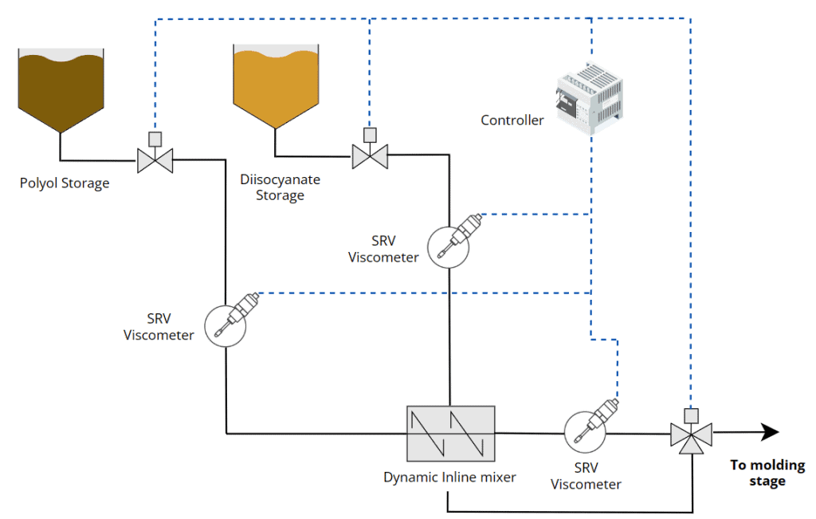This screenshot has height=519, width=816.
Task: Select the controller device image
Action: pyautogui.click(x=589, y=96)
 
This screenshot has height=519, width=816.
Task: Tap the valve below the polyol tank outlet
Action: pyautogui.click(x=155, y=160)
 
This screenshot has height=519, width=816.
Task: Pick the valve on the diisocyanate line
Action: pyautogui.click(x=370, y=155)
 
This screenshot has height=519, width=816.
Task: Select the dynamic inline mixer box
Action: pyautogui.click(x=450, y=434)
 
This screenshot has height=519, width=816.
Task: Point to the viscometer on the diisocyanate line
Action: pyautogui.click(x=448, y=245)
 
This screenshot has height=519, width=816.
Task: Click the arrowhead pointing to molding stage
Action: pyautogui.click(x=768, y=432)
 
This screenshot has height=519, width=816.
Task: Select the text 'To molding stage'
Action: pyautogui.click(x=767, y=473)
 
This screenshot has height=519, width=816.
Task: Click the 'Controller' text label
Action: pyautogui.click(x=512, y=120)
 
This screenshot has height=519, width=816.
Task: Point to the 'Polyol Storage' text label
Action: pyautogui.click(x=65, y=183)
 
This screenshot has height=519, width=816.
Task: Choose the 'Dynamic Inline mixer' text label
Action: pyautogui.click(x=449, y=478)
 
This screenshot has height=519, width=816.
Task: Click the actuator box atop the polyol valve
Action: pyautogui.click(x=155, y=137)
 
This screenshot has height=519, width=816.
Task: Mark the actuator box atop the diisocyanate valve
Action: pyautogui.click(x=370, y=133)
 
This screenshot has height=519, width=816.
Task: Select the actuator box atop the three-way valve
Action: pyautogui.click(x=691, y=415)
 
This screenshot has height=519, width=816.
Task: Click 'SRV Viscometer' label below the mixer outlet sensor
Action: pyautogui.click(x=586, y=476)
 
